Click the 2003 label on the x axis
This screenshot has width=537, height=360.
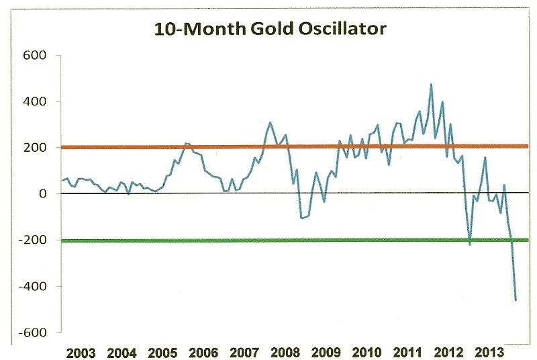point(82,353)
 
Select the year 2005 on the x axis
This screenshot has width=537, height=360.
point(162,353)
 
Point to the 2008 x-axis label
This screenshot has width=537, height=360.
point(287,353)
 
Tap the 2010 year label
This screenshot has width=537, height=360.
point(369,353)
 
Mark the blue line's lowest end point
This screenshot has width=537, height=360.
point(516,300)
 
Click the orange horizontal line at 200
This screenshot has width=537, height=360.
point(268,146)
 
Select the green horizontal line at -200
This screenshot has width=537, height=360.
point(268,240)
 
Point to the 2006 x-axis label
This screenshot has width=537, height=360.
point(204,353)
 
